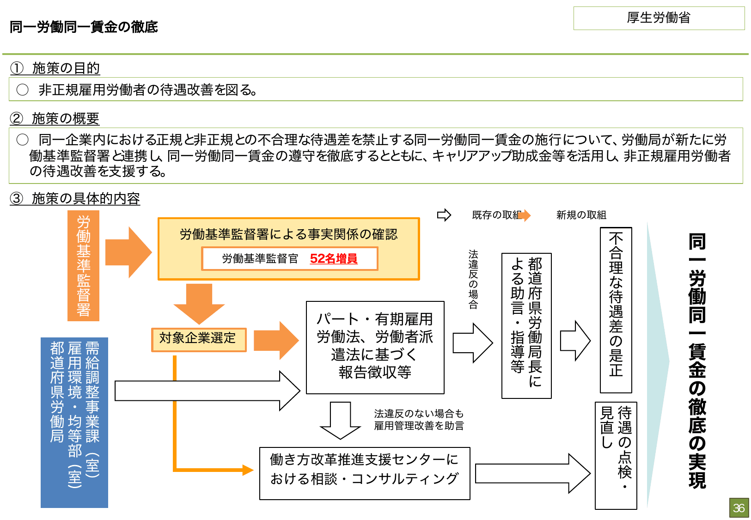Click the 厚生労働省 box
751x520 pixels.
click(659, 18)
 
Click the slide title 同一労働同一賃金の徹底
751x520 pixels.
click(84, 27)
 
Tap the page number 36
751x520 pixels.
click(739, 508)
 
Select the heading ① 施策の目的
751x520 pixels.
click(55, 68)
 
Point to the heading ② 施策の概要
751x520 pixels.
click(55, 119)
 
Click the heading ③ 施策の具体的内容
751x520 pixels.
click(75, 199)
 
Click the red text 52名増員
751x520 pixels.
click(333, 258)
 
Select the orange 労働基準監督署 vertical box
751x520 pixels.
click(83, 265)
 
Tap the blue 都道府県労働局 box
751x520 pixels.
click(74, 422)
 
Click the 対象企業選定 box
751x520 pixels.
click(198, 338)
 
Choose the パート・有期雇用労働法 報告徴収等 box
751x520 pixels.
click(375, 347)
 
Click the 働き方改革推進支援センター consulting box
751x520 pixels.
click(364, 473)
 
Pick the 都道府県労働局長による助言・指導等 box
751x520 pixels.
click(526, 325)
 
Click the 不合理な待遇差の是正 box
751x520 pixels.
click(616, 309)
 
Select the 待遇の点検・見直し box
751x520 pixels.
click(616, 455)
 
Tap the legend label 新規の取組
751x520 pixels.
click(581, 215)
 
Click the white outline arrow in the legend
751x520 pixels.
click(444, 215)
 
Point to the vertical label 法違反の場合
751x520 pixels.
click(473, 279)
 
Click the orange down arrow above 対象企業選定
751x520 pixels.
click(199, 303)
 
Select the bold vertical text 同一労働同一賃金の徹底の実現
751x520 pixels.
click(697, 361)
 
